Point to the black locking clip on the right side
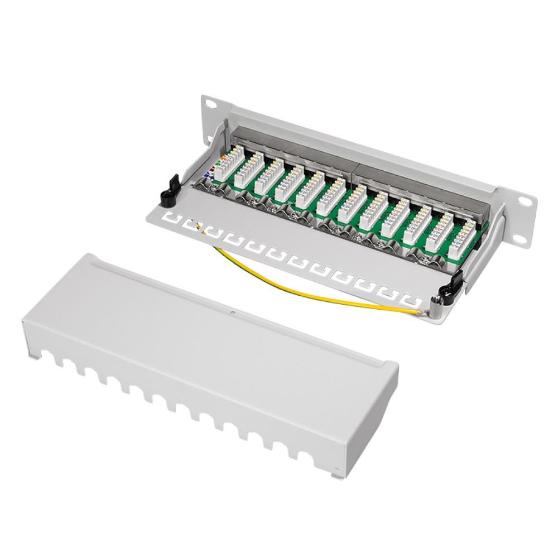pyautogui.click(x=452, y=285)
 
